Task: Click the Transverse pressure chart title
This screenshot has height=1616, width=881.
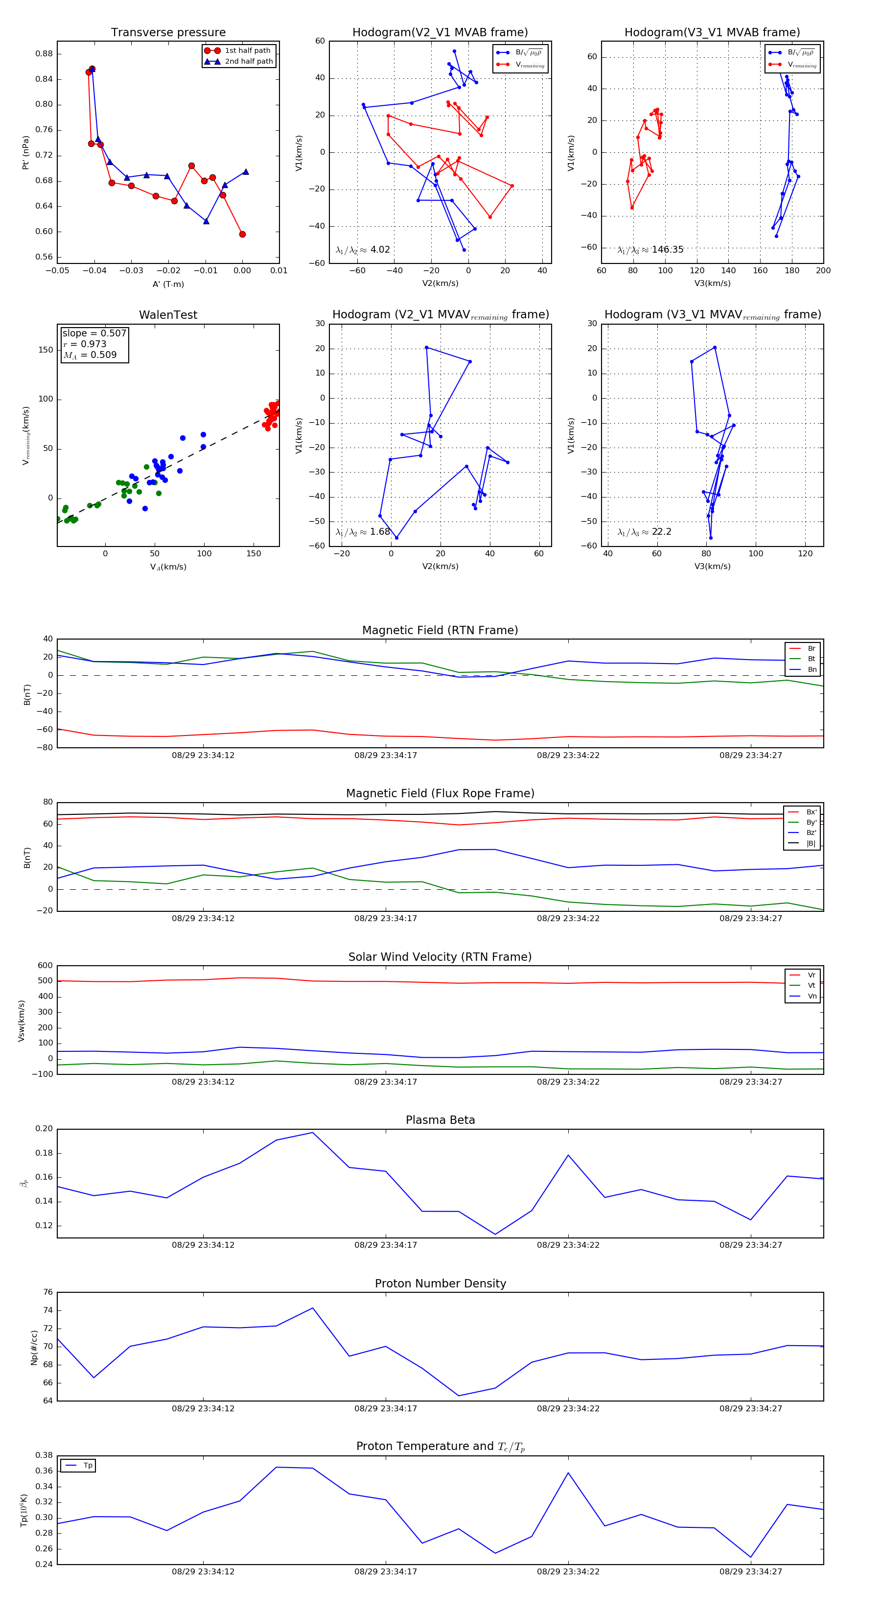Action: [168, 33]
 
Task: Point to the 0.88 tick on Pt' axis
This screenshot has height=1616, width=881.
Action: [44, 54]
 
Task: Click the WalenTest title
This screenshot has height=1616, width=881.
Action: [168, 315]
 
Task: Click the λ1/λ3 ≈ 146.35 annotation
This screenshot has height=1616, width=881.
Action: [650, 250]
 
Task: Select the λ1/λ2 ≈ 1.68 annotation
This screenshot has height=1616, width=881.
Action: [363, 532]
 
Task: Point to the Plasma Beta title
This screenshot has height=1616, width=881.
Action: [440, 1120]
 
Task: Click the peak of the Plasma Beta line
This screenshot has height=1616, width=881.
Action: [313, 1132]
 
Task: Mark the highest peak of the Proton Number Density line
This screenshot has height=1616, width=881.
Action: [313, 1308]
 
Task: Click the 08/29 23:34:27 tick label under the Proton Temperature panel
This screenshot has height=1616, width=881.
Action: [751, 1571]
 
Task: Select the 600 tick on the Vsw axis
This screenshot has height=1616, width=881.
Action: [45, 966]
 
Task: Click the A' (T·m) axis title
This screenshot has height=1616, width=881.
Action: [168, 284]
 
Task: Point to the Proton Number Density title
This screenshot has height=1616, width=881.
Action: [440, 1283]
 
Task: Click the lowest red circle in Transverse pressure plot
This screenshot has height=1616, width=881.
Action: [243, 235]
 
